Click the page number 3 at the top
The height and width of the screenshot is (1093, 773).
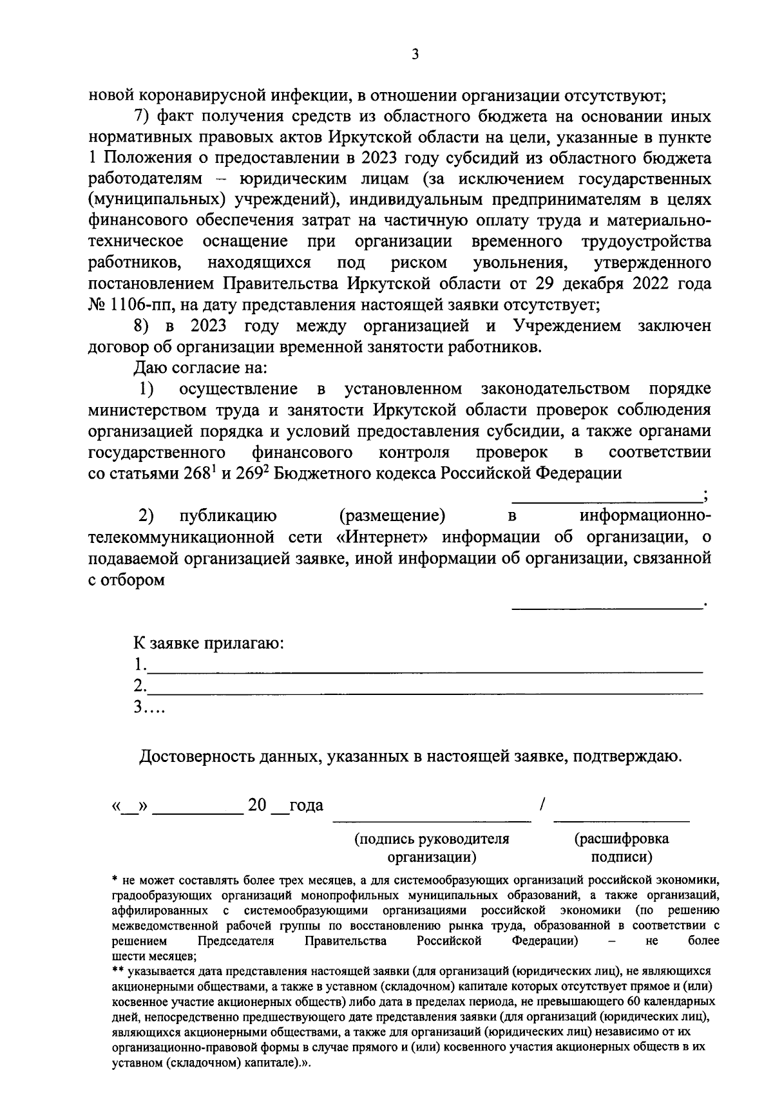415,55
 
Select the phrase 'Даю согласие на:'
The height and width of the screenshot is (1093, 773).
200,368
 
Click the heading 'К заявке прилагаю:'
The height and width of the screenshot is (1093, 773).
209,643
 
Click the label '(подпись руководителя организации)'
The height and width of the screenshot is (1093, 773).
432,848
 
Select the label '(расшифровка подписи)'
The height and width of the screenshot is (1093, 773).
622,848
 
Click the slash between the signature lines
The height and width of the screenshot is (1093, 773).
543,804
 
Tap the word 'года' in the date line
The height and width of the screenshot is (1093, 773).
306,806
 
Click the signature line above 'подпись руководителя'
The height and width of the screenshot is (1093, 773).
432,820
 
